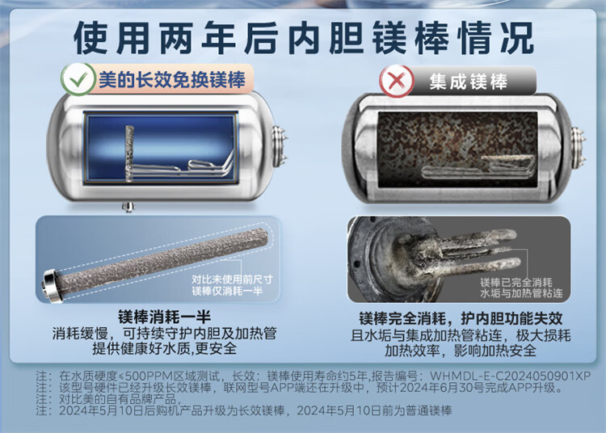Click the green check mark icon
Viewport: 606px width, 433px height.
(78, 79)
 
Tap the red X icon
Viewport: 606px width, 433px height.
(397, 81)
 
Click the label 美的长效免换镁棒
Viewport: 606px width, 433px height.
(172, 80)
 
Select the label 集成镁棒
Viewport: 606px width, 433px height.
(468, 82)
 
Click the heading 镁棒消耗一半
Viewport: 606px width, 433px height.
(165, 317)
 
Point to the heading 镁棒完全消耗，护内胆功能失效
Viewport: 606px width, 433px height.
(461, 318)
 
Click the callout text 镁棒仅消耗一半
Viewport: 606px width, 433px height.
(227, 291)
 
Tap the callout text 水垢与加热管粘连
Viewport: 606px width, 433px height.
(521, 293)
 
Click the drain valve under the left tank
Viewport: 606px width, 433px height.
(128, 207)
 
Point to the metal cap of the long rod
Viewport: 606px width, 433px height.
(51, 285)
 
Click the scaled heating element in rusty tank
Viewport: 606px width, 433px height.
(478, 167)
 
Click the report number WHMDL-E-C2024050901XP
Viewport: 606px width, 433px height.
(510, 376)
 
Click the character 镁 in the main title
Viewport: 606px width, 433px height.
(392, 38)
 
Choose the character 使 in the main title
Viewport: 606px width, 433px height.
(90, 38)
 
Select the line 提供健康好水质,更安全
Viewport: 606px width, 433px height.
(165, 348)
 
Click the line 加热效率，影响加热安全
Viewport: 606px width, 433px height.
(461, 351)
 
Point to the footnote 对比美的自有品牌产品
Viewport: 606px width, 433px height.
(117, 398)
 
